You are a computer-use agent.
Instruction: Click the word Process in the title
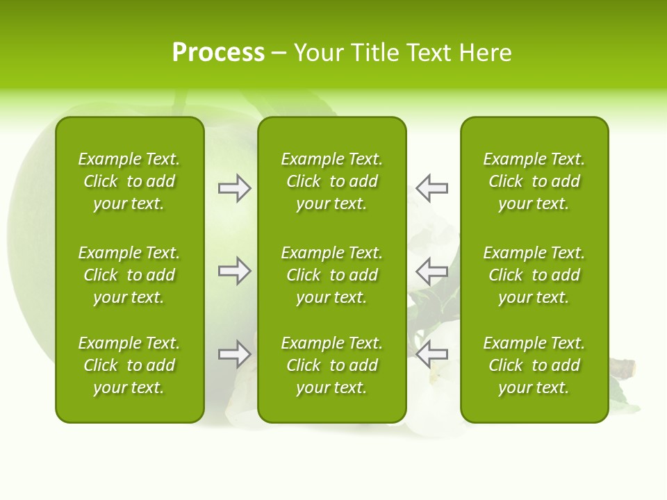pyautogui.click(x=218, y=53)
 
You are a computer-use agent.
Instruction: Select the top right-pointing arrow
pyautogui.click(x=235, y=188)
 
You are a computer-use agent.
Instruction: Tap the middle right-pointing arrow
pyautogui.click(x=235, y=271)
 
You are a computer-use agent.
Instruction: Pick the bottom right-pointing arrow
pyautogui.click(x=235, y=354)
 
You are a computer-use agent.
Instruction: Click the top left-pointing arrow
pyautogui.click(x=431, y=188)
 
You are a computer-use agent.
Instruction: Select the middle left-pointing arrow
pyautogui.click(x=431, y=271)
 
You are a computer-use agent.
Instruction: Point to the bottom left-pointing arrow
pyautogui.click(x=431, y=354)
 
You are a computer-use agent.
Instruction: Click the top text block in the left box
pyautogui.click(x=129, y=181)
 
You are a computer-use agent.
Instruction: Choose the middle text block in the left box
pyautogui.click(x=129, y=275)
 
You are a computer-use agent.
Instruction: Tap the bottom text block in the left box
pyautogui.click(x=129, y=365)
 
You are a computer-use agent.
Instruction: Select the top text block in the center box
pyautogui.click(x=331, y=181)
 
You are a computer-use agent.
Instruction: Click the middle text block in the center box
pyautogui.click(x=331, y=275)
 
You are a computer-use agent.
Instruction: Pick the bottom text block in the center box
pyautogui.click(x=331, y=365)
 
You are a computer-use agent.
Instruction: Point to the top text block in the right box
pyautogui.click(x=534, y=181)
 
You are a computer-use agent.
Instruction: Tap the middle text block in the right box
pyautogui.click(x=534, y=275)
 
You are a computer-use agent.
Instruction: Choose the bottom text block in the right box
pyautogui.click(x=534, y=365)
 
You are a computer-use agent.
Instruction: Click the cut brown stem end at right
pyautogui.click(x=627, y=367)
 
